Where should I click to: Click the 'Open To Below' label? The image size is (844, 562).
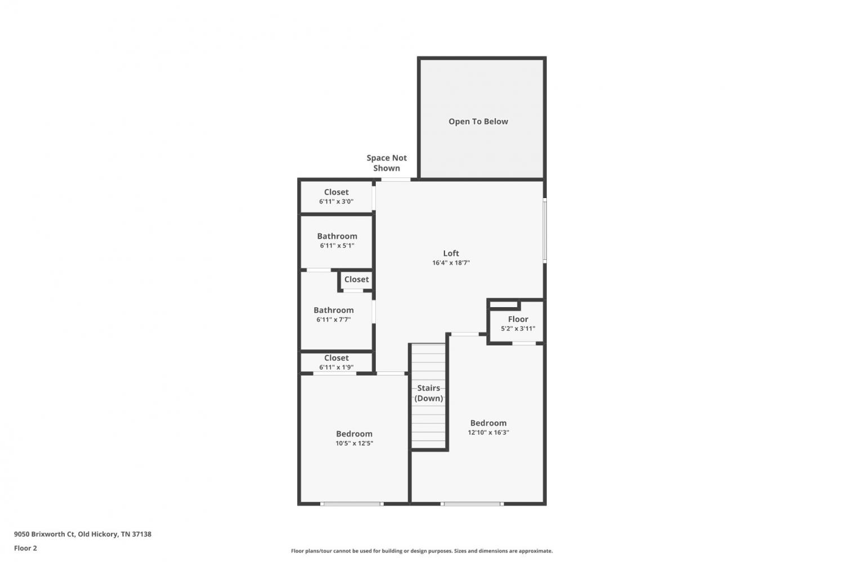click(478, 122)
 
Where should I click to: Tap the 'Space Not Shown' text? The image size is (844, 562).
click(387, 163)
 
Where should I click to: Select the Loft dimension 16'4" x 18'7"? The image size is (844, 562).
click(451, 263)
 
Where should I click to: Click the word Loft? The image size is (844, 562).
click(451, 253)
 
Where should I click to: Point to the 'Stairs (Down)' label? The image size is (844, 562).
click(429, 393)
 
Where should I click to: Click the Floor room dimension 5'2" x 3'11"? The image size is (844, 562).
click(518, 329)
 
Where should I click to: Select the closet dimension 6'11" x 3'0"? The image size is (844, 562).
click(336, 201)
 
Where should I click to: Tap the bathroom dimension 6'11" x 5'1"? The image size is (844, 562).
click(337, 246)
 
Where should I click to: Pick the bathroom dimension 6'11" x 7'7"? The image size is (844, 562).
click(334, 320)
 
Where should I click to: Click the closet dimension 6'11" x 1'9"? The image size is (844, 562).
click(336, 367)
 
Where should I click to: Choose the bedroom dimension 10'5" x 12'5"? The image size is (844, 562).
click(354, 443)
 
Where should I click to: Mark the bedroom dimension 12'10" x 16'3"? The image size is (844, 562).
click(489, 433)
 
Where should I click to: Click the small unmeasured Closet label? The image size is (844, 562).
click(356, 279)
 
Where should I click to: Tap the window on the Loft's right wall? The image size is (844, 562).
click(545, 230)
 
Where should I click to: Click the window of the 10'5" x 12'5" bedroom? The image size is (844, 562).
click(352, 503)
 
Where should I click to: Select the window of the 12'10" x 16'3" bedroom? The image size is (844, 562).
click(472, 503)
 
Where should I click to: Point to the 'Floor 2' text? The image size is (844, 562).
click(26, 548)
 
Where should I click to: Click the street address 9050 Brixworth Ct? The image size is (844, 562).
click(44, 534)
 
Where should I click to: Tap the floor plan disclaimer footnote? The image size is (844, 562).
click(421, 551)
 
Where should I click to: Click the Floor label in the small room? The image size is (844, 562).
click(518, 319)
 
